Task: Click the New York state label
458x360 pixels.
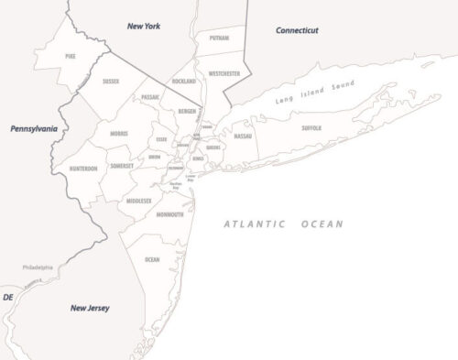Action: point(143,27)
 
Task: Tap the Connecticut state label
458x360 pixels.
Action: point(298,30)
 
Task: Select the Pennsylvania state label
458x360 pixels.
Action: point(34,129)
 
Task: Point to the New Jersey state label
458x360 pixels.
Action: point(90,308)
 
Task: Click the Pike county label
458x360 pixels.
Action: point(71,56)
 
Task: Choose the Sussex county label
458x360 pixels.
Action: point(111,82)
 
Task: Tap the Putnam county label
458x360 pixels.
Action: point(220,39)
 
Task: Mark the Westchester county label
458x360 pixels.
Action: point(224,71)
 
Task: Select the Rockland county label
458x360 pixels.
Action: point(184,81)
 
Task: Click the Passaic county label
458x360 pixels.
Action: point(150,96)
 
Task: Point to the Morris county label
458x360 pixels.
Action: point(118,134)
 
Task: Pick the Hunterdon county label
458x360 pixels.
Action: point(83,169)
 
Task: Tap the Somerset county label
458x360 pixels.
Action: point(122,166)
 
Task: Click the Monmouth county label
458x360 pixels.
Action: point(169,214)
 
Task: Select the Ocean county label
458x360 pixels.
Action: point(152,259)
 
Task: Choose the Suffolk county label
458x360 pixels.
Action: point(311,128)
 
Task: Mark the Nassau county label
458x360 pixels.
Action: point(243,136)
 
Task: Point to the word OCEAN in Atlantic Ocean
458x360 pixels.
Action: point(320,224)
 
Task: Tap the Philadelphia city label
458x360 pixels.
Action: point(38,267)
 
